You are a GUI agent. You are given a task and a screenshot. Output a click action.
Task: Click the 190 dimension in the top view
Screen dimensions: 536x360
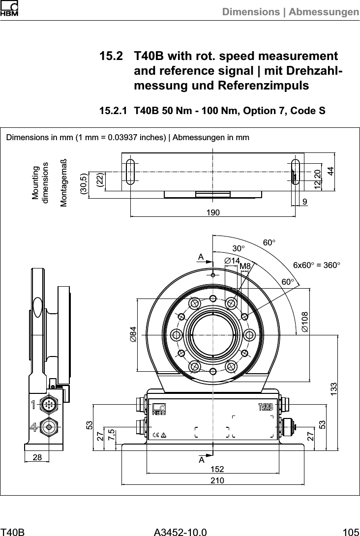point(212,211)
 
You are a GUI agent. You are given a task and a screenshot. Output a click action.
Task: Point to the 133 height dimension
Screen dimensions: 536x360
point(334,391)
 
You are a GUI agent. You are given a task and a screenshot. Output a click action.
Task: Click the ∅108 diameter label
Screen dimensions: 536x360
point(305,321)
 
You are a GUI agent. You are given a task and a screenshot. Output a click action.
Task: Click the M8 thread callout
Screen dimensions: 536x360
point(245,266)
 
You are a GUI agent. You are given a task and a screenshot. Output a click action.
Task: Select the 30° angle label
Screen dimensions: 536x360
point(239,248)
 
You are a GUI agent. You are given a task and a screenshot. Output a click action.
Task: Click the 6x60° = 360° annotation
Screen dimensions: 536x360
point(316,265)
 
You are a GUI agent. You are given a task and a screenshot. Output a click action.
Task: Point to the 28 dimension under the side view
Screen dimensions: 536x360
point(37,457)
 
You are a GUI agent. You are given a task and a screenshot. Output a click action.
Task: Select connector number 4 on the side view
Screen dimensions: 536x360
point(33,426)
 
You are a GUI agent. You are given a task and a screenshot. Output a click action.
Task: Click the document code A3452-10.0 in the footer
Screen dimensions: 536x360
point(180,531)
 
